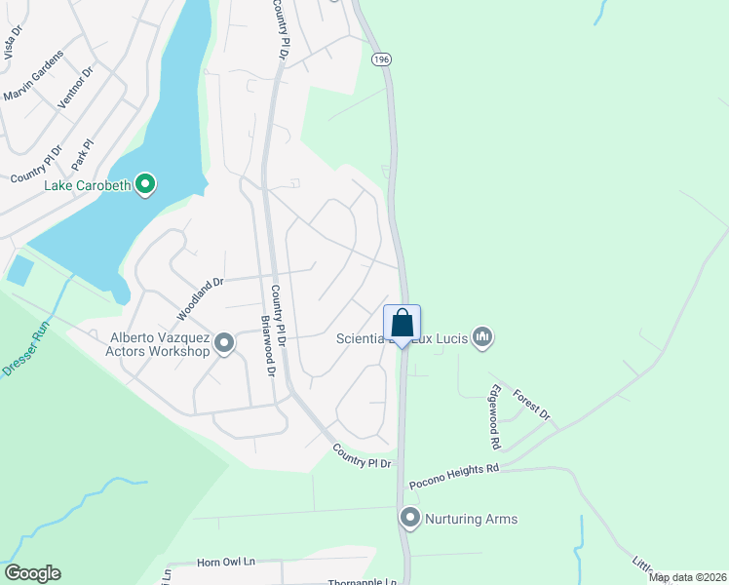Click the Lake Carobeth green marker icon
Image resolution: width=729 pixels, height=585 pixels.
(145, 183)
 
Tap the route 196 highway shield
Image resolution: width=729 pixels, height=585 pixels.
(380, 60)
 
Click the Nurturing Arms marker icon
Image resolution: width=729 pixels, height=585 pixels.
(410, 519)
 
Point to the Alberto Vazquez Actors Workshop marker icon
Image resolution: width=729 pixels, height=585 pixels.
(224, 343)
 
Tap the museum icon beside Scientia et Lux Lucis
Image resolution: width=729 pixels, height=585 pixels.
(481, 338)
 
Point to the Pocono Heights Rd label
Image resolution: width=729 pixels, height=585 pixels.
(454, 476)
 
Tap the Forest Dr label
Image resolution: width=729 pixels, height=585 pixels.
(534, 404)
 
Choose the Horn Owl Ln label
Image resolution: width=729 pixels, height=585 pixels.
(225, 563)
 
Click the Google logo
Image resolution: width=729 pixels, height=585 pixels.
(32, 573)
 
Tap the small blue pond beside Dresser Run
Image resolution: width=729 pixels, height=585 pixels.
(19, 269)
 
